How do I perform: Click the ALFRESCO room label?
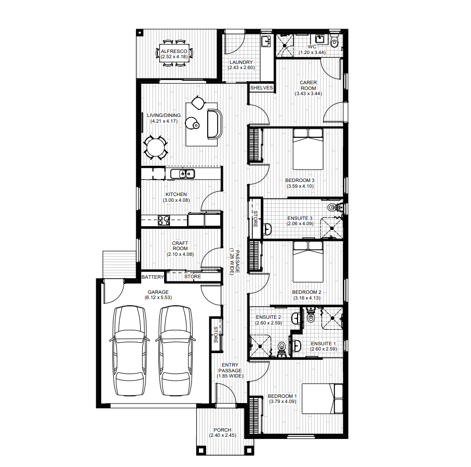(x=174, y=51)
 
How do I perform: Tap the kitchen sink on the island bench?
(x=182, y=174)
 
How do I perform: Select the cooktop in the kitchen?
(x=164, y=220)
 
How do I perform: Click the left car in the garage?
(x=129, y=351)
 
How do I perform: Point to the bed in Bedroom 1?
(x=322, y=398)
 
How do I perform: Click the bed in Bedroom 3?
(x=308, y=149)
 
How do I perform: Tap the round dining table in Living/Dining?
(x=156, y=148)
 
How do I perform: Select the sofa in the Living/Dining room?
(x=214, y=124)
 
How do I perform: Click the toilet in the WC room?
(x=334, y=41)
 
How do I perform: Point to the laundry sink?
(x=266, y=41)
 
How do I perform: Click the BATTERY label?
(x=153, y=277)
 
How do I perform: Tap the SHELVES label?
(x=261, y=88)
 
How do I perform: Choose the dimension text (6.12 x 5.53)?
(x=158, y=297)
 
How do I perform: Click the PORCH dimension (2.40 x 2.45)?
(x=223, y=435)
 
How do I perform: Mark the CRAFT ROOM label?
(x=180, y=246)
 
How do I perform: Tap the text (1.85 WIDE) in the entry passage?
(x=230, y=376)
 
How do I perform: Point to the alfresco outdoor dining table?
(x=174, y=54)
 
